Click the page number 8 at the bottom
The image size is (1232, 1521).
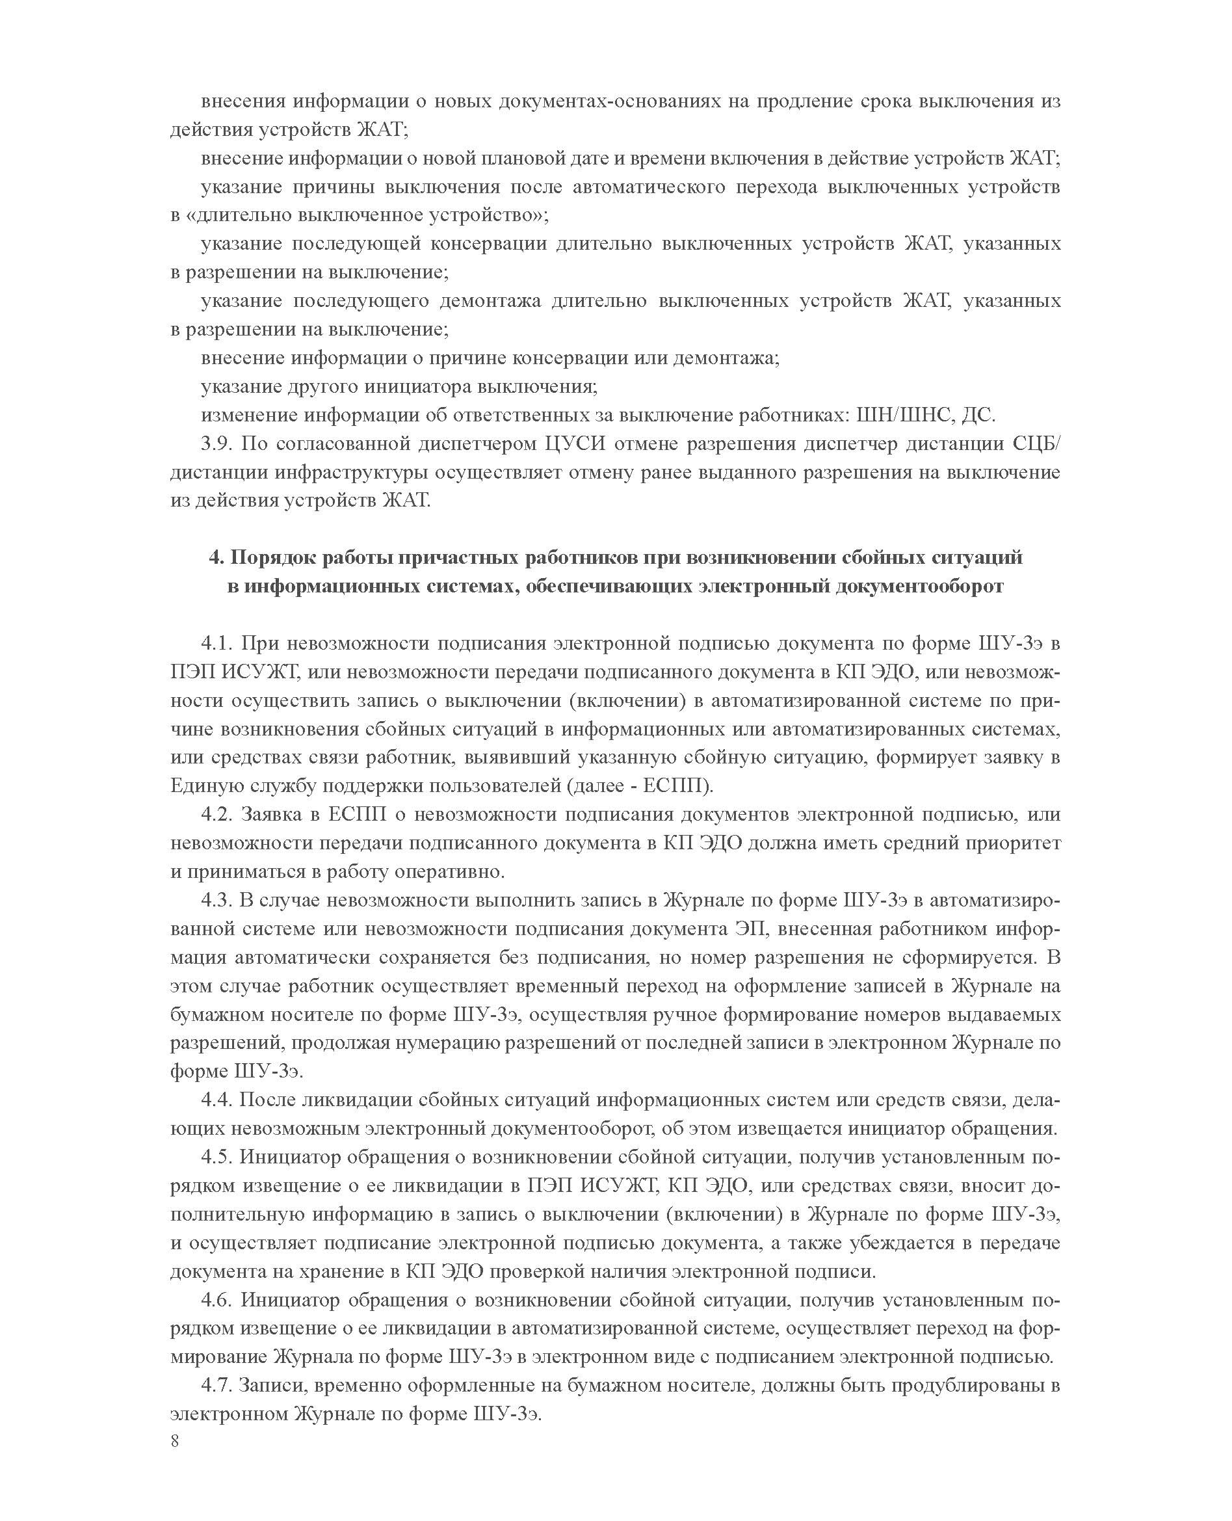coord(176,1442)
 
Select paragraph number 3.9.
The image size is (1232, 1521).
coord(216,443)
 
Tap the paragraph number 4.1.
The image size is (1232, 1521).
coord(216,644)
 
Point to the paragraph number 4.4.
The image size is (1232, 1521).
coord(216,1100)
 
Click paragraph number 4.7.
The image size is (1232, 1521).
coord(216,1384)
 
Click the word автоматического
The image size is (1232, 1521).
coord(649,187)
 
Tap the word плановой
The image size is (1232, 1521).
coord(527,158)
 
